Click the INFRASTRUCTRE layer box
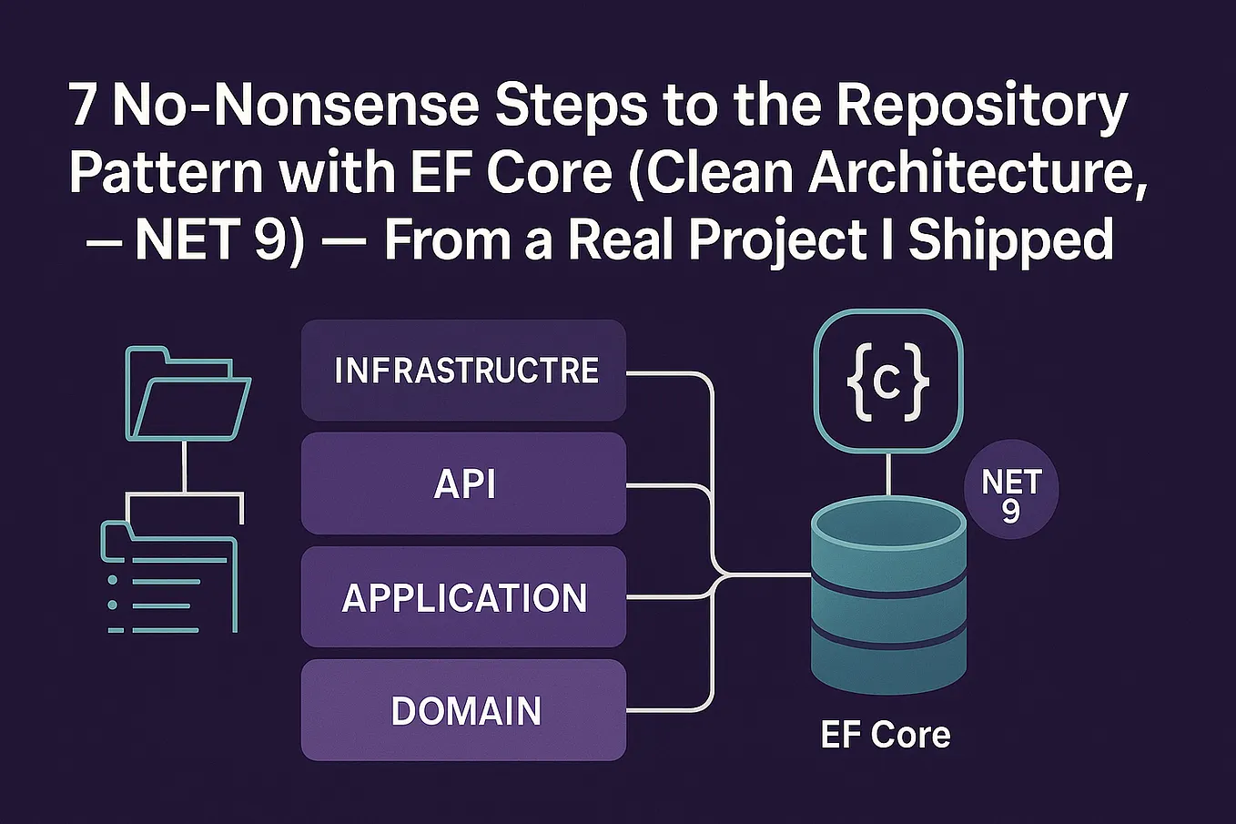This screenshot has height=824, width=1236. [x=463, y=371]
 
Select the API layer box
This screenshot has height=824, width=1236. [x=463, y=483]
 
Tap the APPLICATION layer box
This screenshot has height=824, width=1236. [x=463, y=597]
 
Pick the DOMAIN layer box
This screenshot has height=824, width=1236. [x=463, y=711]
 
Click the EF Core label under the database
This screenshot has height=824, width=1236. [x=885, y=735]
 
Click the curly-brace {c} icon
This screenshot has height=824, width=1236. [x=887, y=381]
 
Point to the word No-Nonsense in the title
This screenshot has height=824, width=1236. [x=295, y=107]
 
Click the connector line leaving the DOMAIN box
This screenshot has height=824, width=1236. [x=669, y=710]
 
